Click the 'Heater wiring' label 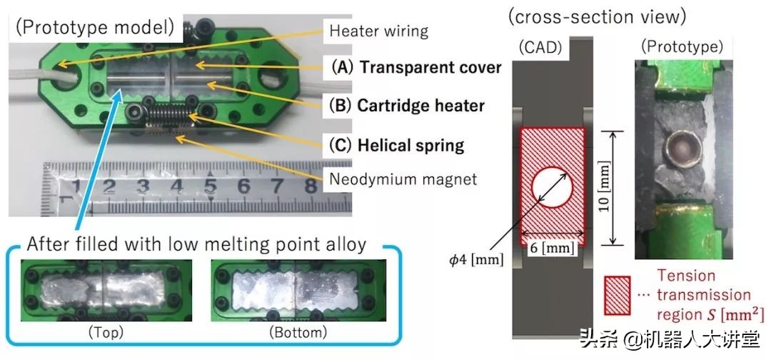coord(378,31)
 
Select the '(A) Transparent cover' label coord(416,68)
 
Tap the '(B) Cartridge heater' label coord(408,106)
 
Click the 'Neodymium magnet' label coord(403,179)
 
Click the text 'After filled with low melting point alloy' coord(196,244)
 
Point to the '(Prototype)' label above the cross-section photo coord(682,48)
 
